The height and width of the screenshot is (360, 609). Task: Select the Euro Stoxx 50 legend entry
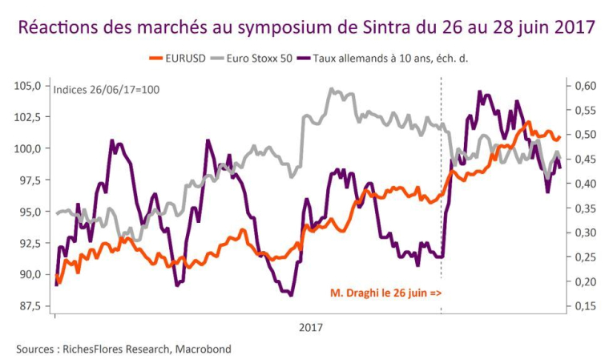(258, 59)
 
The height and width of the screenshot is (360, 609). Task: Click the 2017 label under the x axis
(310, 328)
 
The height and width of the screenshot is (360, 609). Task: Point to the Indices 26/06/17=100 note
(106, 89)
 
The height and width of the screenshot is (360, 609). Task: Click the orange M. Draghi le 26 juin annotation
(385, 293)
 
